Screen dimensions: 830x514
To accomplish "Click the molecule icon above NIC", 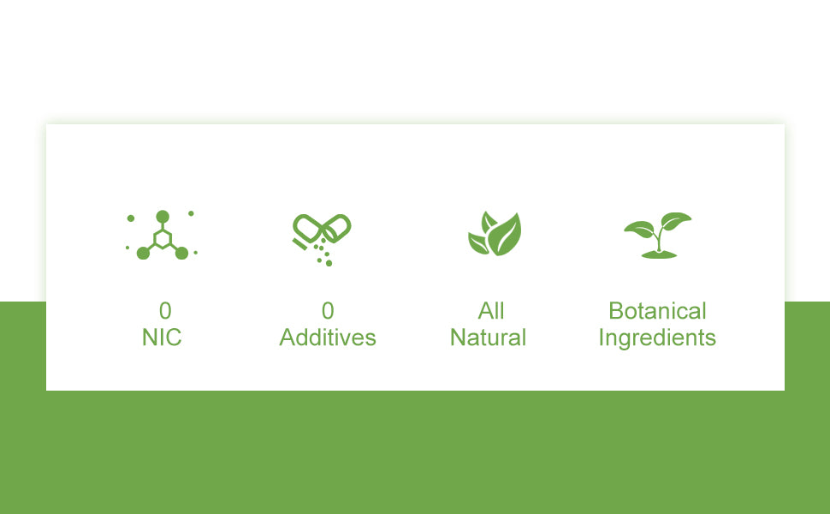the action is click(162, 235).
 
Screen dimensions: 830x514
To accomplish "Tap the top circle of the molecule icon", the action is click(163, 217).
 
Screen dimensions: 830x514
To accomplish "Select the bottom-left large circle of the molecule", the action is click(143, 254).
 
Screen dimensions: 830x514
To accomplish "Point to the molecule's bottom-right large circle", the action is click(181, 254).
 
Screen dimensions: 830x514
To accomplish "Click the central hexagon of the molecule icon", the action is click(163, 239).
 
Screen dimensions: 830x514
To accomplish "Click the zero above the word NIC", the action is click(165, 311).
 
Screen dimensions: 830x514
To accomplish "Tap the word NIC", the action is click(162, 338).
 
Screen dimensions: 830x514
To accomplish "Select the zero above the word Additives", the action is click(328, 311).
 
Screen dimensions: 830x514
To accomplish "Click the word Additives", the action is click(328, 338).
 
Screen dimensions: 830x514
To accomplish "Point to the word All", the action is click(491, 311).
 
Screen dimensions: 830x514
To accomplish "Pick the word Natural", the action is click(488, 338).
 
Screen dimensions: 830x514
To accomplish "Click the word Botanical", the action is click(657, 311).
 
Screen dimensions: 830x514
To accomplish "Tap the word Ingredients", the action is click(657, 338).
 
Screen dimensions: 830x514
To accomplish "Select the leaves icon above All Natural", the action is click(495, 234).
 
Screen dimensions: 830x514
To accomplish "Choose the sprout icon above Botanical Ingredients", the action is click(658, 236).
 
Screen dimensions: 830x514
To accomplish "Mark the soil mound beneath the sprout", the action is click(659, 255).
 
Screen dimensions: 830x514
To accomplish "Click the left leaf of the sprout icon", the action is click(639, 229).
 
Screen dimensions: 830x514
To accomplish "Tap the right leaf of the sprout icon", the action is click(676, 220).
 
